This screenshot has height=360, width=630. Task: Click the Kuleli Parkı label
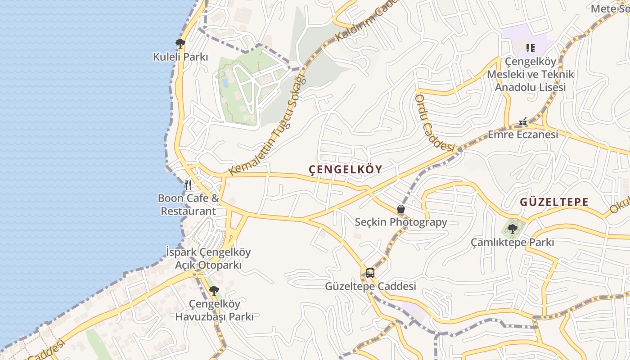click(180, 57)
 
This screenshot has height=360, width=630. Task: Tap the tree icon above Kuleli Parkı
click(180, 43)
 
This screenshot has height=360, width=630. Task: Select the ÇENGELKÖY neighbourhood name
click(346, 170)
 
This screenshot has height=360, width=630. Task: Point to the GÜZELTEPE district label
click(554, 202)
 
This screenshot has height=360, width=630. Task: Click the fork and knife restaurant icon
click(188, 184)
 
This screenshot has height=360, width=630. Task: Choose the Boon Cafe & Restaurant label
click(189, 205)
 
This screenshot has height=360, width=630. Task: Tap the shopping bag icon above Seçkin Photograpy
click(401, 209)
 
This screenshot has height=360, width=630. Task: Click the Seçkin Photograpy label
click(401, 222)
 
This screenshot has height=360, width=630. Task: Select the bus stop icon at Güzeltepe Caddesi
click(370, 273)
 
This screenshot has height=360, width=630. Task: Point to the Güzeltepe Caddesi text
click(370, 286)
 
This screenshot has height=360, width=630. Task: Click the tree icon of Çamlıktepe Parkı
click(512, 229)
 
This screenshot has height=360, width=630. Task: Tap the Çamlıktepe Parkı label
click(512, 243)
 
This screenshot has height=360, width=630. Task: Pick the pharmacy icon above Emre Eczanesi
click(523, 121)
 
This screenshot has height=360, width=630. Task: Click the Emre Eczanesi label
click(523, 135)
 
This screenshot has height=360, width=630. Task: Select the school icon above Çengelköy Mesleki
click(530, 48)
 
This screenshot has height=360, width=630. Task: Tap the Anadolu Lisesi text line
click(530, 87)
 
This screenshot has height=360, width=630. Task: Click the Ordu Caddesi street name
click(435, 122)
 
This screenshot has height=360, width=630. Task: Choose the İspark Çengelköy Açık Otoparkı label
click(208, 259)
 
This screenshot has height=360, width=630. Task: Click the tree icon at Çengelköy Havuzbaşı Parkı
click(214, 290)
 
